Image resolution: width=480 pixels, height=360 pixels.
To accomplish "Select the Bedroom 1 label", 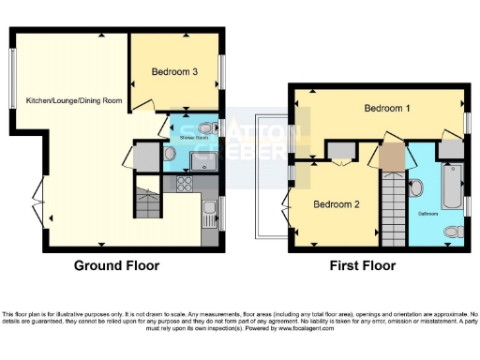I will pos(387,109).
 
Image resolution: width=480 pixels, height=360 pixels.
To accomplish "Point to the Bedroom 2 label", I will pos(336,204).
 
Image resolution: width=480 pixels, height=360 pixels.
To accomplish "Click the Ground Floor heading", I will pos(117,265).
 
